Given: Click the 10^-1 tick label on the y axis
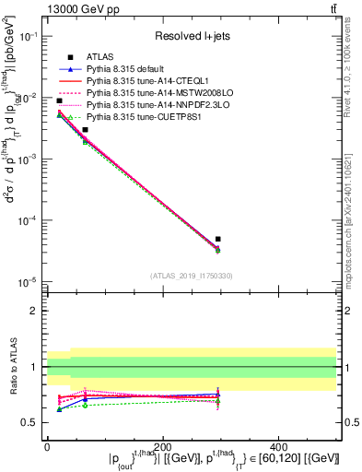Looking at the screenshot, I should click(28, 36).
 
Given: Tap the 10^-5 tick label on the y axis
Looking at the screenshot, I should click(28, 282).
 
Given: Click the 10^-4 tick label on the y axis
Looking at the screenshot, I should click(28, 220).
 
